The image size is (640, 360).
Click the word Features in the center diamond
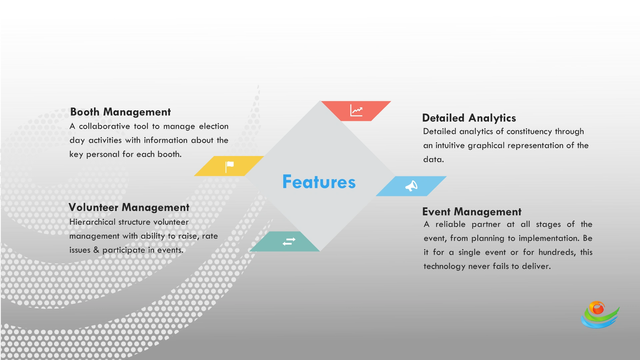319,182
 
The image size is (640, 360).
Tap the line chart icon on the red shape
356,110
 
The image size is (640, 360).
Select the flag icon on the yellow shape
229,166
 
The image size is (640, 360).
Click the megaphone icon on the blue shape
411,186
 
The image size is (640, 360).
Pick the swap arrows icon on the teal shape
289,241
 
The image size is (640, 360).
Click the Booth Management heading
120,112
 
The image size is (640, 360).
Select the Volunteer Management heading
129,207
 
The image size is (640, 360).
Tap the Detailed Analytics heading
469,118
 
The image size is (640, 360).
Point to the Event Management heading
471,212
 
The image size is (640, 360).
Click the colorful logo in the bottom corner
600,315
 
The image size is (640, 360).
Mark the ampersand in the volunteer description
96,250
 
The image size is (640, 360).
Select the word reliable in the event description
450,224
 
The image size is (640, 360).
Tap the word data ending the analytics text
433,160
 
